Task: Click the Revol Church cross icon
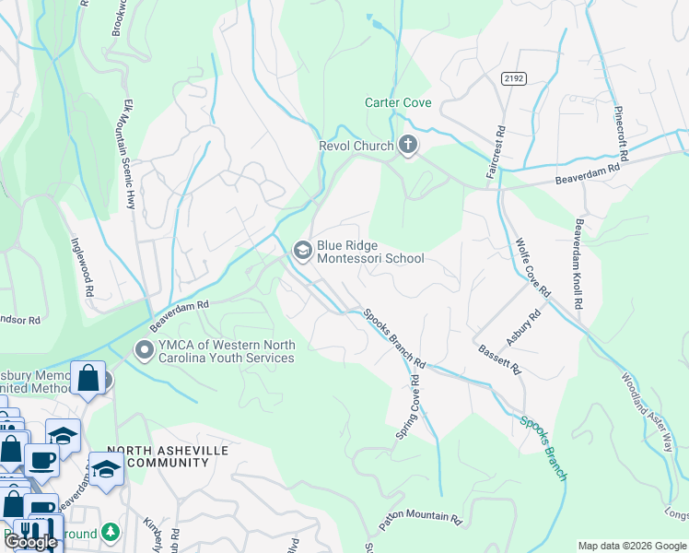click(x=408, y=146)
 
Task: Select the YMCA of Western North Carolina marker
click(x=144, y=350)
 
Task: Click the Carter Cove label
click(x=398, y=103)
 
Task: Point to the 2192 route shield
click(x=513, y=80)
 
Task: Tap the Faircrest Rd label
click(x=490, y=153)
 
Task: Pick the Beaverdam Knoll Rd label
click(x=578, y=264)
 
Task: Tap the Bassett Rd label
click(x=500, y=359)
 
